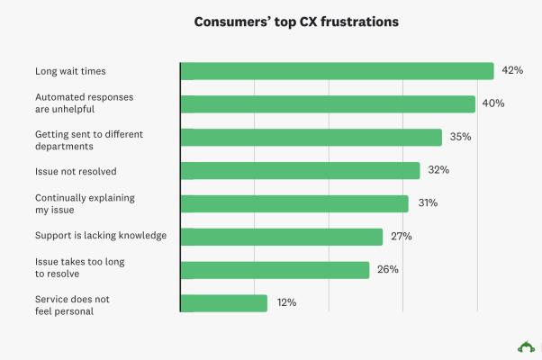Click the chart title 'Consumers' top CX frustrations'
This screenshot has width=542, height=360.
[271, 22]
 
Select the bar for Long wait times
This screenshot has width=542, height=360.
[337, 71]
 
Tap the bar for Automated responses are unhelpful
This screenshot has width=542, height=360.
[328, 103]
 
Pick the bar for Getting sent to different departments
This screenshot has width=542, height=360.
[312, 137]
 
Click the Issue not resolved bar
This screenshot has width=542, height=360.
[301, 170]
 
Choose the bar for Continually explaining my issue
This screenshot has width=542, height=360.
[294, 203]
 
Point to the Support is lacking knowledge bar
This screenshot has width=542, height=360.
[282, 237]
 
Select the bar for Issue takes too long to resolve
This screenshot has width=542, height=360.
[276, 270]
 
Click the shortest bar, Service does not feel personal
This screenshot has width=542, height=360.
[224, 303]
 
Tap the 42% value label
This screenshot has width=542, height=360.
[512, 70]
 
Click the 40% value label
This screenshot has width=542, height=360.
[493, 103]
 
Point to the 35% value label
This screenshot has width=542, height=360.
[461, 137]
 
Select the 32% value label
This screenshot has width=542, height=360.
[438, 170]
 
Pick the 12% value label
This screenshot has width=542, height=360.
[285, 303]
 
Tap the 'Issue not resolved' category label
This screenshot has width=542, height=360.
[76, 170]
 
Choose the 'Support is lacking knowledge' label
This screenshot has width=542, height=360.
[101, 236]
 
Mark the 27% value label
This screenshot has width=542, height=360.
[401, 237]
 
